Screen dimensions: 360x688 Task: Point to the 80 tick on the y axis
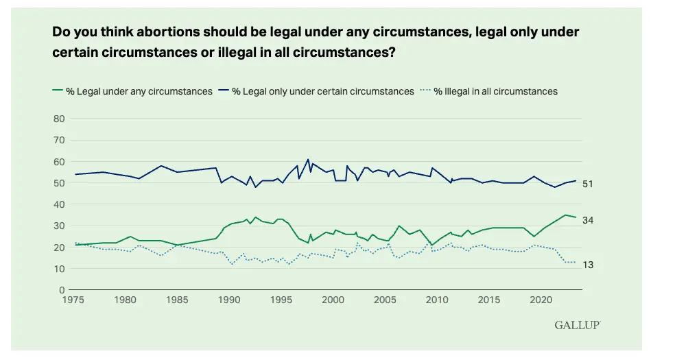(59, 119)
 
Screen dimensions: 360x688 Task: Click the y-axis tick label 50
(59, 183)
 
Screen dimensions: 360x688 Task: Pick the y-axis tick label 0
(62, 290)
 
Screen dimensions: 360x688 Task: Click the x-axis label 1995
(281, 300)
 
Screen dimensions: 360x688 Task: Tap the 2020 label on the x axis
(541, 300)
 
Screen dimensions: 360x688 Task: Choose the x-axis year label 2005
(385, 300)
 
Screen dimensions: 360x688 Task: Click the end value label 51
(587, 184)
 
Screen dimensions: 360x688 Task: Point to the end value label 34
(587, 219)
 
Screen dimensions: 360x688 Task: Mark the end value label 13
(587, 265)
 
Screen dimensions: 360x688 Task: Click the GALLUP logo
(578, 325)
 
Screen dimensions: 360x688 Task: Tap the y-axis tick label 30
(59, 226)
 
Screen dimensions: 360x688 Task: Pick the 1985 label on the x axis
(177, 300)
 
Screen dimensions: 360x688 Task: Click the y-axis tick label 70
(59, 140)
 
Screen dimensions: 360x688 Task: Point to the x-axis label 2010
(437, 300)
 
